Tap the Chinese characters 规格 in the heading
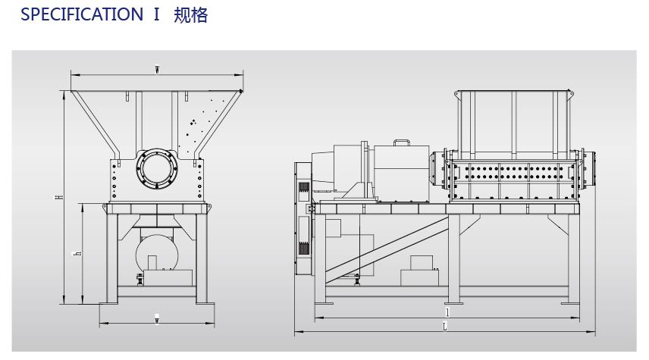point(191,15)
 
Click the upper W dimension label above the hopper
point(157,70)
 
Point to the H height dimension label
point(58,197)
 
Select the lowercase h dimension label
point(77,253)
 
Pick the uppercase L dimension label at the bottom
point(444,327)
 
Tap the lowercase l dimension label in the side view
point(447,311)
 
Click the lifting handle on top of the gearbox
point(400,142)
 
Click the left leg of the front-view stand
point(111,258)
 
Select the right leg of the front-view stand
point(203,258)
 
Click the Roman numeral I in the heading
point(156,15)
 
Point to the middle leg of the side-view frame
point(453,258)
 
